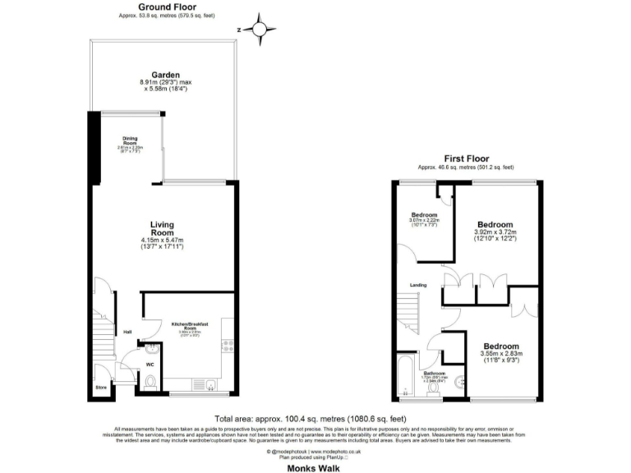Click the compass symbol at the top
pos(260,30)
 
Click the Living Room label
pos(165,227)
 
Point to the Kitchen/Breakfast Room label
pos(190,327)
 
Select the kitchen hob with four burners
pos(228,346)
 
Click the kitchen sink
pos(202,384)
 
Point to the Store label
pos(101,385)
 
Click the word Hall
pos(127,332)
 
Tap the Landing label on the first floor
pos(419,285)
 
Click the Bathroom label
pos(434,373)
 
